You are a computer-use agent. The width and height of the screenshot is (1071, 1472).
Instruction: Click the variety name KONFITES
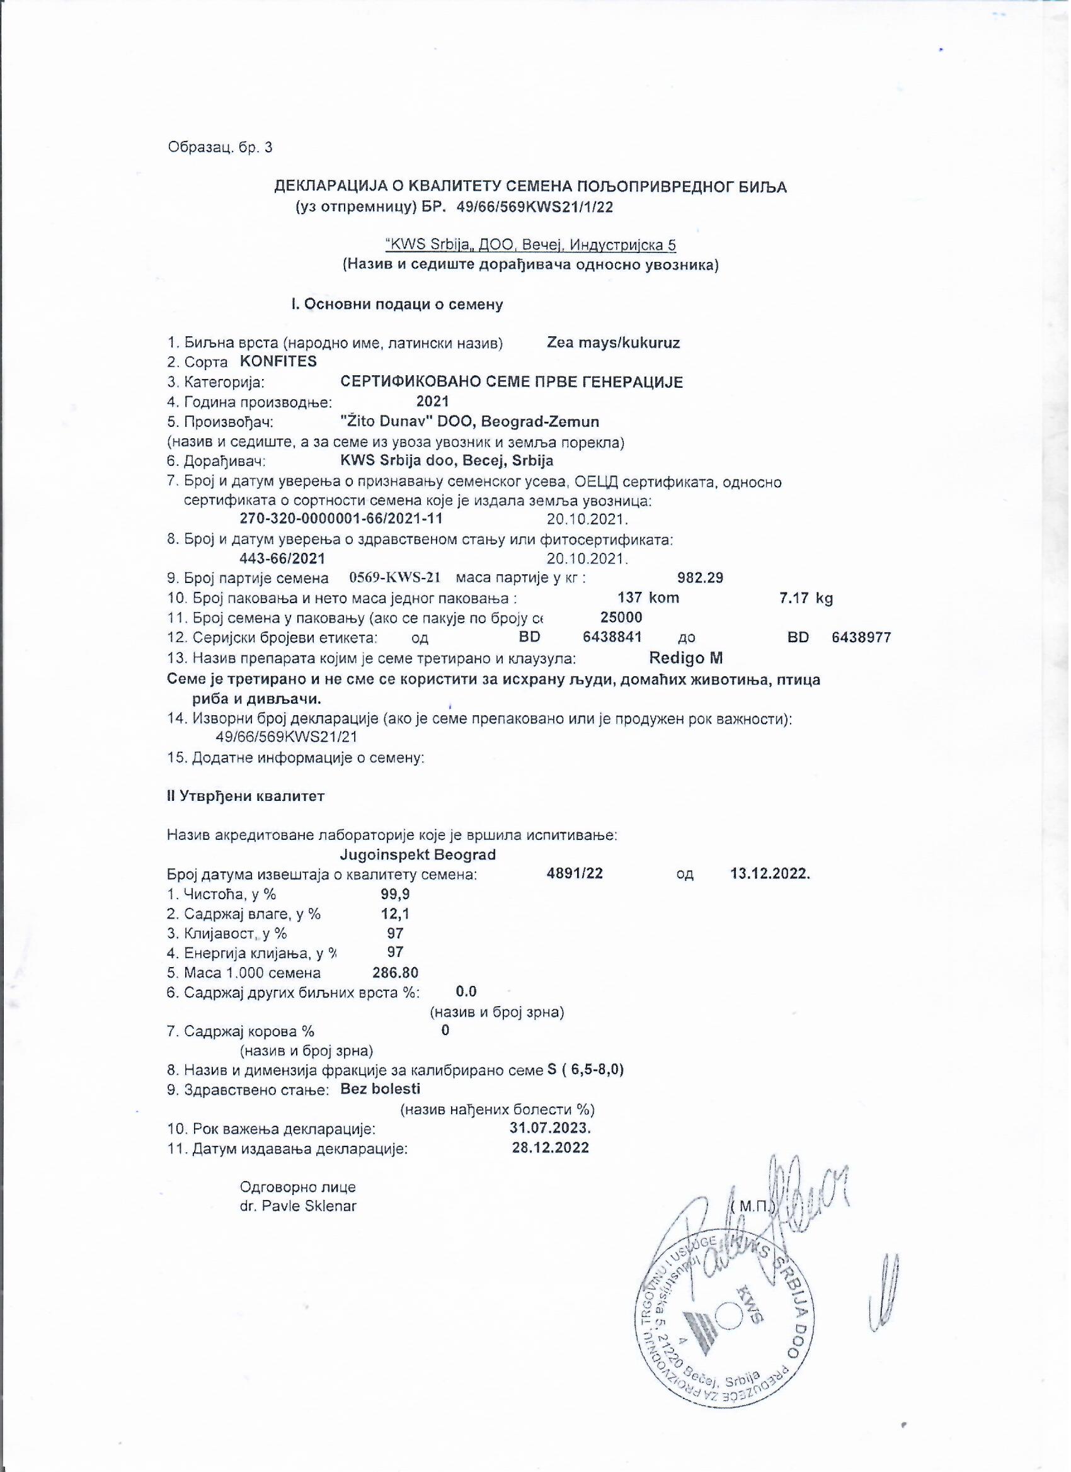pos(278,361)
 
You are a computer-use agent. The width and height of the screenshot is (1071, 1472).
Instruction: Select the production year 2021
pos(433,402)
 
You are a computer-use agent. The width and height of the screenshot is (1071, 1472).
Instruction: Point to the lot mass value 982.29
pos(700,577)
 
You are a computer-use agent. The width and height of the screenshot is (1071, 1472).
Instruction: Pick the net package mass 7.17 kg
pos(805,597)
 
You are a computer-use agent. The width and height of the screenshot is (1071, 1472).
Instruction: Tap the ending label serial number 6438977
pos(861,637)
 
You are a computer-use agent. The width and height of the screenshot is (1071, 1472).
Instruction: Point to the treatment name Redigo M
pos(686,658)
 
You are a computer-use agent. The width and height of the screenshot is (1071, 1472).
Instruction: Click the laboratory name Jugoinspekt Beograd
pos(418,854)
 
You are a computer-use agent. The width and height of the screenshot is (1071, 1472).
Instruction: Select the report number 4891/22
pos(575,874)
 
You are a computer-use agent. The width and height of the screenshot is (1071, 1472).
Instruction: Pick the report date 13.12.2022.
pos(770,874)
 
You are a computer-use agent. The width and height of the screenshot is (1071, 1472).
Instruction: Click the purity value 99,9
pos(395,894)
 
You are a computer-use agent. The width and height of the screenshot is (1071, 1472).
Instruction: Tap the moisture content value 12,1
pos(395,914)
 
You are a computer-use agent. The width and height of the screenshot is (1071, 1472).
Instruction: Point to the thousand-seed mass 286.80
pos(395,973)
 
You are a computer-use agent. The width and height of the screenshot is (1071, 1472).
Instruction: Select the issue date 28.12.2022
pos(550,1147)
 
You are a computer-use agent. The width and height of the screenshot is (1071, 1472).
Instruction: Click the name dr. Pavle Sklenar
pos(298,1206)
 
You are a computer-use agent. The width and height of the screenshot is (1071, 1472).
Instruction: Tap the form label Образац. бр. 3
pos(220,148)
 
